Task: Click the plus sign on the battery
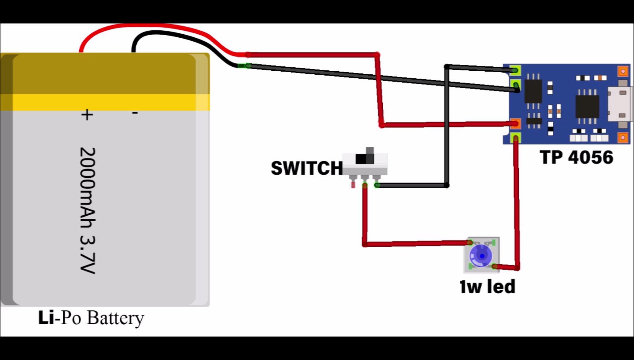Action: click(87, 115)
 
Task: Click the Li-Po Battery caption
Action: click(91, 318)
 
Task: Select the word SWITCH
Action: click(306, 168)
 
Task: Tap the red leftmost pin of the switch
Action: click(353, 183)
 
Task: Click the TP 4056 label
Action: click(577, 157)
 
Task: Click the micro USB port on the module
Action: click(621, 104)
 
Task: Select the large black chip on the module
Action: click(587, 106)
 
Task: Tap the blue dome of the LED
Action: click(481, 255)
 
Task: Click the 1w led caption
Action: click(487, 286)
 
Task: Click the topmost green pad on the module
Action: click(515, 70)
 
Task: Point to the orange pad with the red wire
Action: click(515, 124)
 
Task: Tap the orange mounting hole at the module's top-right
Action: click(623, 71)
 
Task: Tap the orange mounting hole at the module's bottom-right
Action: click(623, 137)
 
